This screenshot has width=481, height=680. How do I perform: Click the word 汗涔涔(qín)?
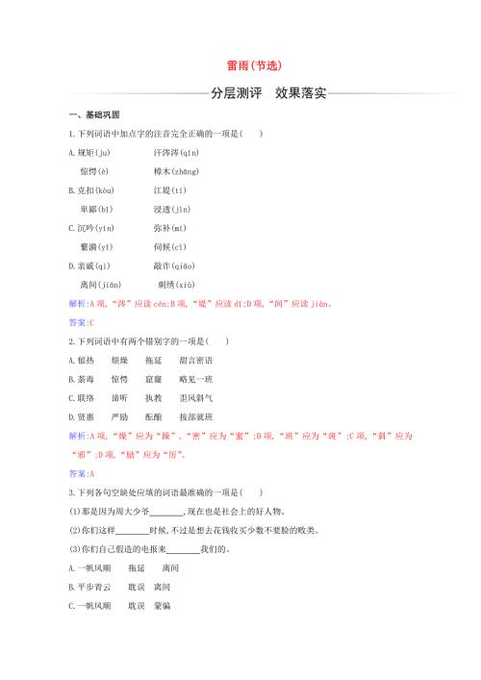tap(176, 153)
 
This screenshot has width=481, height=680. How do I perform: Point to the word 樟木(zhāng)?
tap(176, 171)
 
